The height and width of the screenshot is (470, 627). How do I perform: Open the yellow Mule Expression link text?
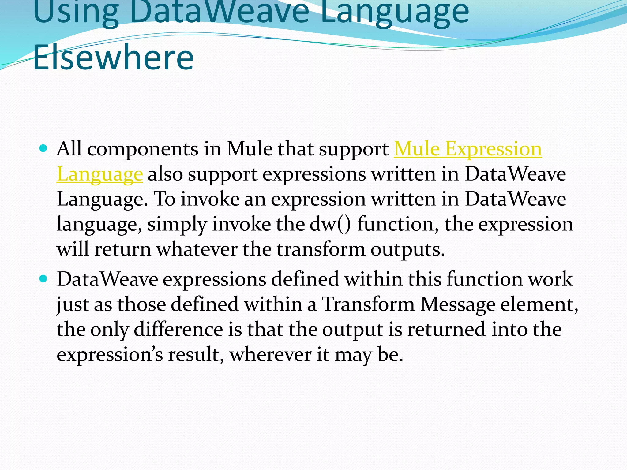467,149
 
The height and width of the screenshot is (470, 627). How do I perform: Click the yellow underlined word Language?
99,174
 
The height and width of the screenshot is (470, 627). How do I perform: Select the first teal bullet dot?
43,149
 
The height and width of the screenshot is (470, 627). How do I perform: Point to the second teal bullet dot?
43,279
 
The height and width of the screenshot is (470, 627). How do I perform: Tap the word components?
143,149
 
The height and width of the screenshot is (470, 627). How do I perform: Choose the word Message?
457,305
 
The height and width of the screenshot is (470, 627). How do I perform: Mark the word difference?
178,330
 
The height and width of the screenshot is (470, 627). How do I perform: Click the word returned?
446,330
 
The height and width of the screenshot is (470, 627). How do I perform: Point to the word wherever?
270,355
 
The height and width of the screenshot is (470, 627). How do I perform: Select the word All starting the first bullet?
69,149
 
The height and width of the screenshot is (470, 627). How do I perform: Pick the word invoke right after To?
210,199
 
